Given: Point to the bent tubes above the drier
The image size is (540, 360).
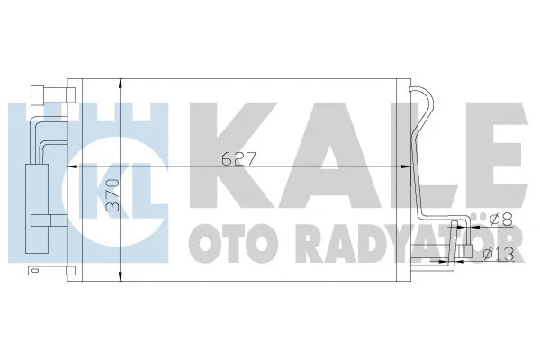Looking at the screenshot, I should point(45,135).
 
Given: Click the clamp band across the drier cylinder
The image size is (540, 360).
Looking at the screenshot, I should point(43,219).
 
